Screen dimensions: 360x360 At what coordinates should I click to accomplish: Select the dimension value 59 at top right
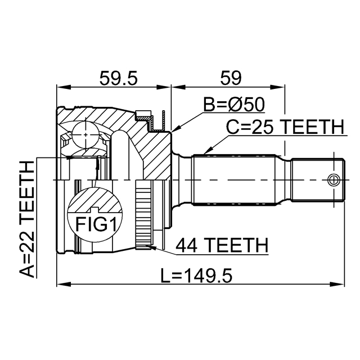click(x=228, y=78)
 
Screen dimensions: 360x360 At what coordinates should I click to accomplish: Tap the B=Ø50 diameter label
click(x=235, y=105)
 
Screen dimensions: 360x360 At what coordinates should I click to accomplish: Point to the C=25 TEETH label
click(x=285, y=128)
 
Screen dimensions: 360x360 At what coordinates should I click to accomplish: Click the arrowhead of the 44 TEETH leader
click(x=147, y=245)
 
